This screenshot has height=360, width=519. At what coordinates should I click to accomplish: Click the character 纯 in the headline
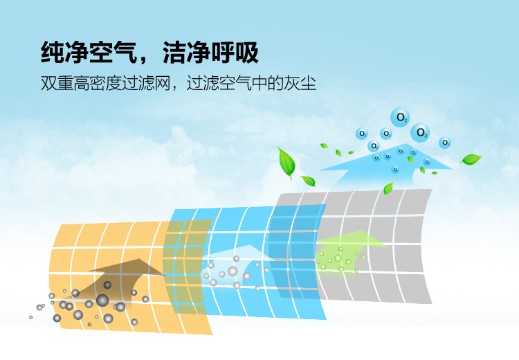click(x=53, y=53)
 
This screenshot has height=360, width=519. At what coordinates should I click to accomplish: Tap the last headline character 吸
click(x=247, y=53)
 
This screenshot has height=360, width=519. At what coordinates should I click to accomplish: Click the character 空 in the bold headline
click(x=101, y=53)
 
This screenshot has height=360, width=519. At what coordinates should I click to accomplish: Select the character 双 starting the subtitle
click(x=48, y=83)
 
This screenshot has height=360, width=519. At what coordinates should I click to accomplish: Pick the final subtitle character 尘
click(x=308, y=83)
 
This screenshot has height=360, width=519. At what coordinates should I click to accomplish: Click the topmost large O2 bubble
click(x=400, y=117)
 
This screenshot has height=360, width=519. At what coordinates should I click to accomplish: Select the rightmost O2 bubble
click(x=445, y=143)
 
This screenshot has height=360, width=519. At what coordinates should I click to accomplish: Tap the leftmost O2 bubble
click(x=362, y=134)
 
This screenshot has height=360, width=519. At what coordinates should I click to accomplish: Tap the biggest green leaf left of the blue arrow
click(x=286, y=162)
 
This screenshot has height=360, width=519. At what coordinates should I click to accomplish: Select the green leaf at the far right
click(x=471, y=159)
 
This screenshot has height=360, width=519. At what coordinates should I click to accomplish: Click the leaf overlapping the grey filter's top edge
click(x=388, y=188)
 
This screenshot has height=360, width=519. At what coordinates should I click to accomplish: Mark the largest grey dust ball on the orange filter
click(x=102, y=300)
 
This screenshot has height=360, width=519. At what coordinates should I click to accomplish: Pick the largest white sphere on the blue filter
click(x=233, y=271)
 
